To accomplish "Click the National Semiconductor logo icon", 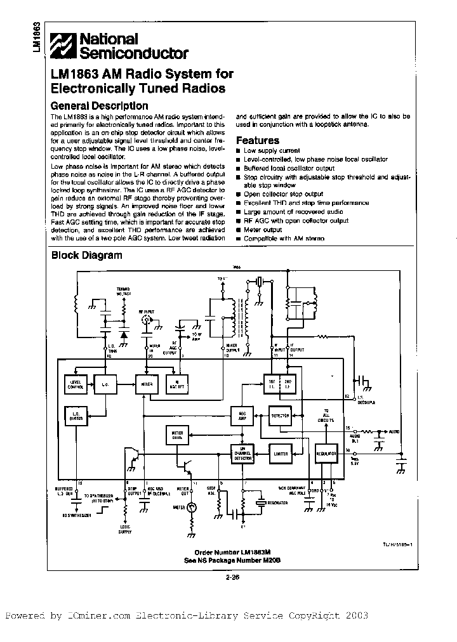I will [x=64, y=46].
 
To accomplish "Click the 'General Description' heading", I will [x=99, y=106].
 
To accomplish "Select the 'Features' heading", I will [x=257, y=140].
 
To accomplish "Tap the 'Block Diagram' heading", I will [x=86, y=256].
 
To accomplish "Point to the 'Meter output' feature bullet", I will [x=263, y=230].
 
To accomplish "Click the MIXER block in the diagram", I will [x=147, y=383].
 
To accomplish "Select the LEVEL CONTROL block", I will [x=75, y=383].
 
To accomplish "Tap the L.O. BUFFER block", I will [x=75, y=415].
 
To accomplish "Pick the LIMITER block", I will [x=281, y=454].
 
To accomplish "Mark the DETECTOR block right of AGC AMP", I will [x=280, y=416].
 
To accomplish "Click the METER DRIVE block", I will [x=178, y=435].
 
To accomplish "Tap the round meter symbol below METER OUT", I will [x=192, y=508].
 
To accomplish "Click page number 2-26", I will [x=232, y=577].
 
